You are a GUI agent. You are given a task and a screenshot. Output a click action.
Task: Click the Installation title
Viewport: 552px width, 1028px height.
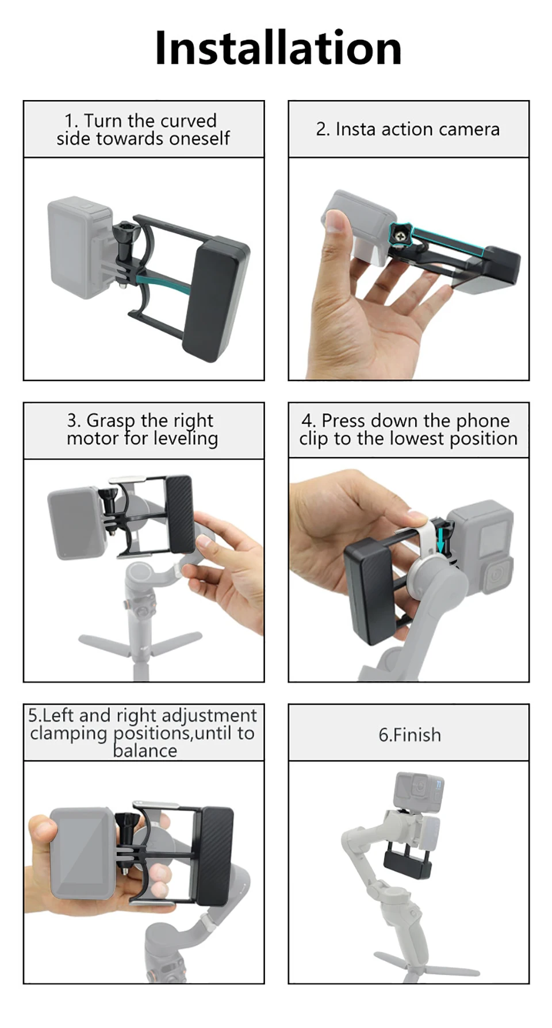[278, 48]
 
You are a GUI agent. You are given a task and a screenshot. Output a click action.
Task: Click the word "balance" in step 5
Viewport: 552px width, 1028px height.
[145, 750]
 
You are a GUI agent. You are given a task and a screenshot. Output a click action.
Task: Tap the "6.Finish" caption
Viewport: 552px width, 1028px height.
[409, 735]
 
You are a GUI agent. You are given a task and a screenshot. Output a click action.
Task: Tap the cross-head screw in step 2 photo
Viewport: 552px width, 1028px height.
[400, 235]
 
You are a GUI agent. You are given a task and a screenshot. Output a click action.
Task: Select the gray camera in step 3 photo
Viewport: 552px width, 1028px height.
[78, 523]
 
